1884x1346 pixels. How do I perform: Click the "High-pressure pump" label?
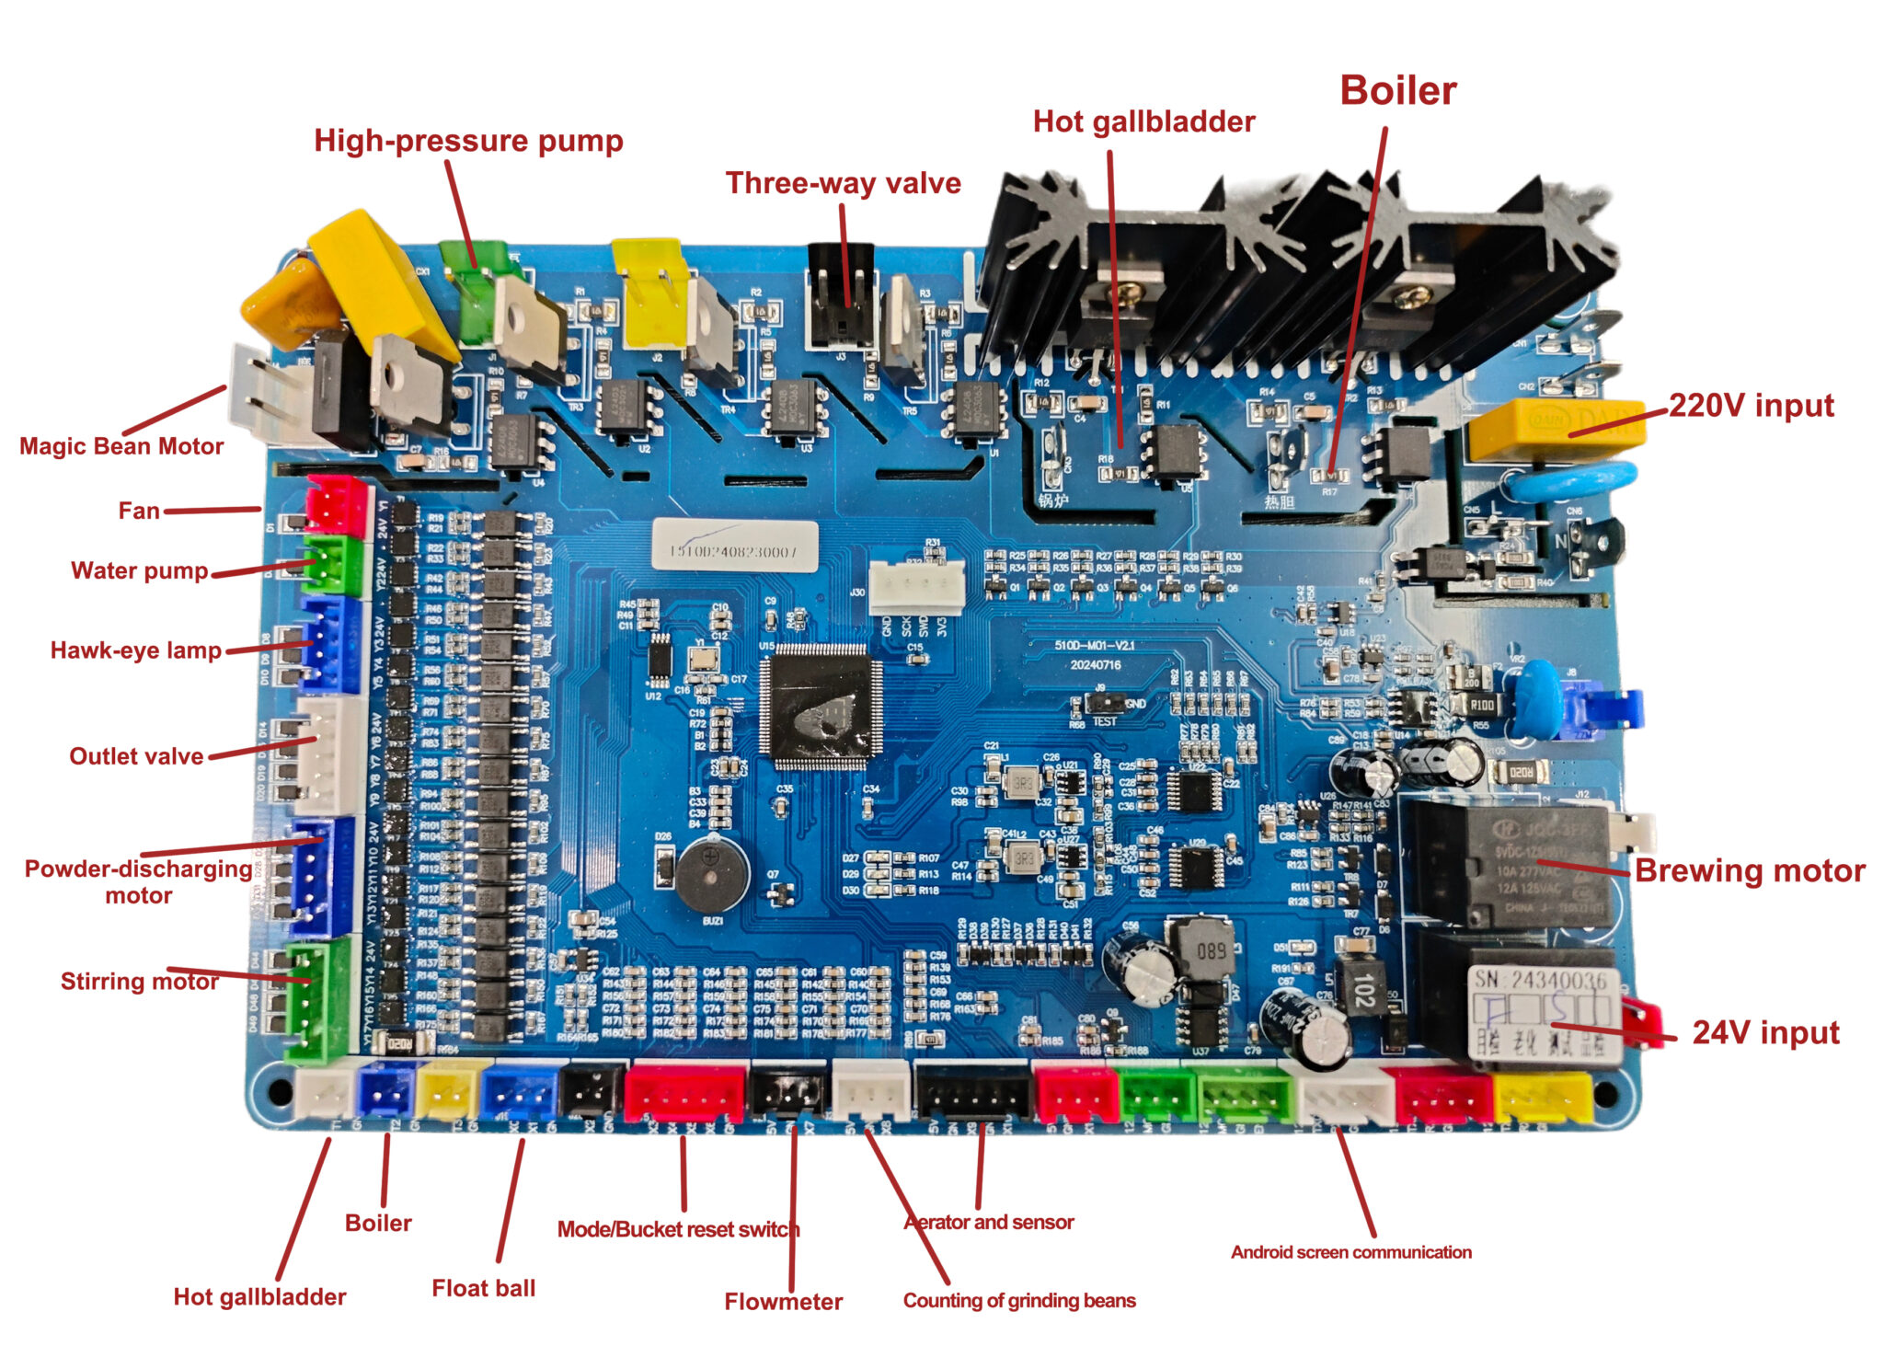point(468,141)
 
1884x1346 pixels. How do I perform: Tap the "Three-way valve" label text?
point(843,183)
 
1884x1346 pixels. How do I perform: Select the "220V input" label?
point(1751,406)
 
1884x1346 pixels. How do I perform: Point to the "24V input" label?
point(1765,1032)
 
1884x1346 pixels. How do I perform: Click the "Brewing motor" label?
point(1750,870)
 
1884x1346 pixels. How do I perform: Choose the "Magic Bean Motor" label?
point(121,446)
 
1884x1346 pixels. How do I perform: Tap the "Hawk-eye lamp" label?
point(136,650)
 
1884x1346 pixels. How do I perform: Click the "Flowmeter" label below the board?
point(783,1301)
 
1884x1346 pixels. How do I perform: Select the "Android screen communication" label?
point(1350,1251)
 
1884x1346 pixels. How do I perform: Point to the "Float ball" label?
point(484,1288)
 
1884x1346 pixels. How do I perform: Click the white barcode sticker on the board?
point(734,546)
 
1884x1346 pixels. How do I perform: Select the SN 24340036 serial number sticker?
point(1545,1012)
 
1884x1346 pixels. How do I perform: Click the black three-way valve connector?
point(840,296)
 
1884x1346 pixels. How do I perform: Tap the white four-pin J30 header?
point(916,587)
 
